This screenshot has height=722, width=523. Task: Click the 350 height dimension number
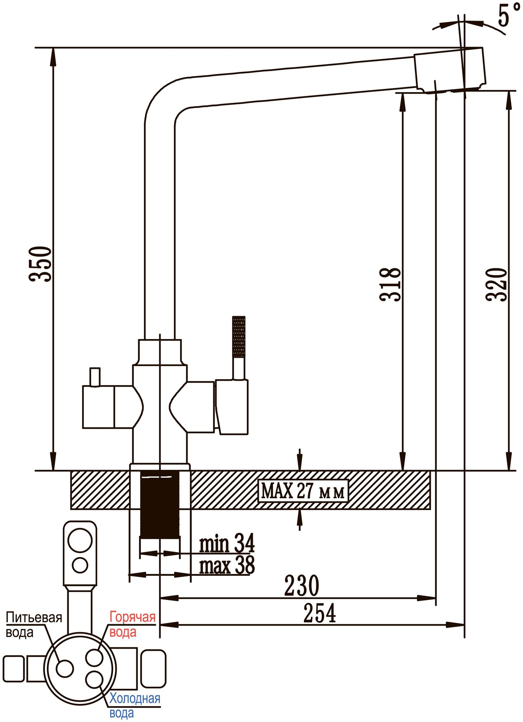point(40,264)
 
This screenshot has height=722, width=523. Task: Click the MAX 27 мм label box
point(303,491)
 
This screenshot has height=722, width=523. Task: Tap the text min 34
point(227,544)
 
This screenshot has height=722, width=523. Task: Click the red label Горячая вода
point(132,625)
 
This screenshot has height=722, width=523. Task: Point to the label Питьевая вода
point(34,625)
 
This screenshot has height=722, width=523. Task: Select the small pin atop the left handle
point(95,377)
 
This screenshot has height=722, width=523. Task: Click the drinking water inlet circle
point(65,668)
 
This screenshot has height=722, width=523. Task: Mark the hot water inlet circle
point(94,657)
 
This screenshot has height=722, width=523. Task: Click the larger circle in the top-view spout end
point(80,540)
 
